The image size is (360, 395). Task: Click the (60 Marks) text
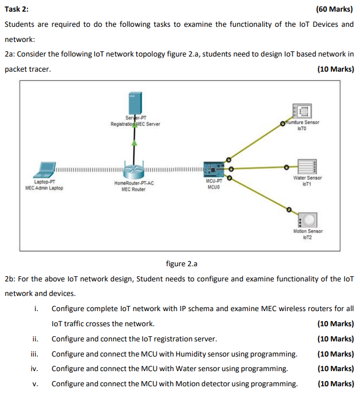[x=334, y=9]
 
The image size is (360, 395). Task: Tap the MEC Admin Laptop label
[x=44, y=188]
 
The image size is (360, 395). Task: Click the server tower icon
[x=134, y=104]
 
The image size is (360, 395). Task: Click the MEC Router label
[x=134, y=189]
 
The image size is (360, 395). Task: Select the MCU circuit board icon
[x=214, y=168]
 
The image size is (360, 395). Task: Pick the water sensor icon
[x=306, y=167]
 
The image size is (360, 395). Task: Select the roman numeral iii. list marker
[x=35, y=354]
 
